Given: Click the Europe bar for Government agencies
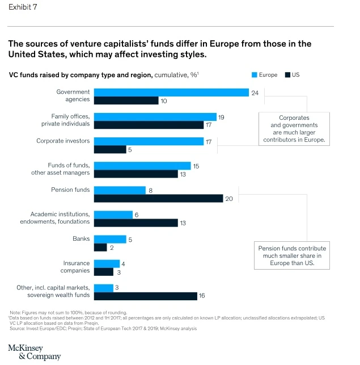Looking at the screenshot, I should tap(171, 93).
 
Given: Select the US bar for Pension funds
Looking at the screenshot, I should tap(158, 198).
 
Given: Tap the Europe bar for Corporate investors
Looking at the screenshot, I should tap(149, 141).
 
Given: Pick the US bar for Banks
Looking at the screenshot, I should tap(100, 247).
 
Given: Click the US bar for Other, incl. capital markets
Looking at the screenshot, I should tap(145, 296).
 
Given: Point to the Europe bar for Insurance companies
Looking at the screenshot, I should tap(107, 263).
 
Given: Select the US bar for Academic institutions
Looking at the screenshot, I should tap(135, 223).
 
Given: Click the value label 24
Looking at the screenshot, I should tap(255, 93).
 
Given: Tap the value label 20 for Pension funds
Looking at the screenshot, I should tap(229, 199).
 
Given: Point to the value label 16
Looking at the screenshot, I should tap(202, 296).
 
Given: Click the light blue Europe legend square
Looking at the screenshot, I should tap(255, 75).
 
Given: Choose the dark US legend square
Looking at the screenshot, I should tap(287, 75).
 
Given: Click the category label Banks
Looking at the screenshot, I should tap(81, 239).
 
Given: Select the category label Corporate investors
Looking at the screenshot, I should tap(63, 141).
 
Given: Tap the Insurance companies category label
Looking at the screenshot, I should tap(75, 267).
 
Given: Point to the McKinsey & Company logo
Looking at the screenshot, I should tap(34, 351).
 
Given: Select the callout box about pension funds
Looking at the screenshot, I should tap(292, 256).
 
